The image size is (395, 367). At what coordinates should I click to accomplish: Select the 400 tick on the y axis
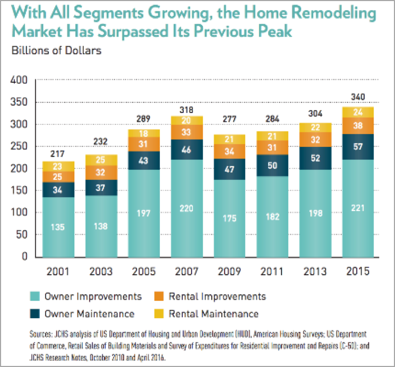pos(20,81)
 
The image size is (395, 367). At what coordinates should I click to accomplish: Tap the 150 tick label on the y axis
pos(20,191)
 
